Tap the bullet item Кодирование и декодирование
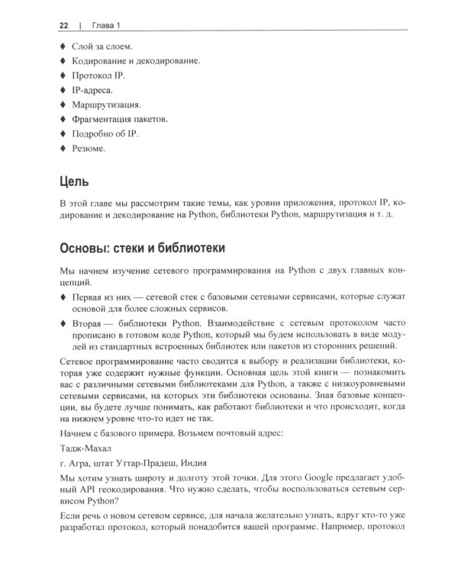click(135, 60)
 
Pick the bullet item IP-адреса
click(92, 90)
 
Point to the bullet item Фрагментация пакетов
click(120, 120)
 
